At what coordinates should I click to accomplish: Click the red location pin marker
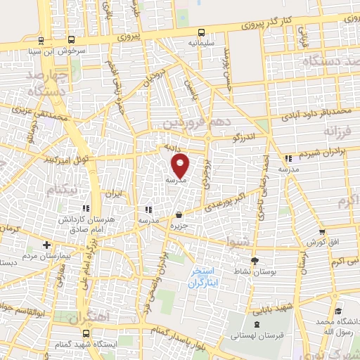point(181,166)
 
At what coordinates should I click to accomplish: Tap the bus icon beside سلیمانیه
point(202,32)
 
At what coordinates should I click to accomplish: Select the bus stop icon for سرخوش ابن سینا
point(42,40)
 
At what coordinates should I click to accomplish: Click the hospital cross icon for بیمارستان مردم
point(46,245)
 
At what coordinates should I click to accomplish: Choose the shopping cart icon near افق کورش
point(322,231)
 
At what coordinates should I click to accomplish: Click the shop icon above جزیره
point(179,214)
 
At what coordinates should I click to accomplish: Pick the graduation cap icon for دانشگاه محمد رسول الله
point(338,310)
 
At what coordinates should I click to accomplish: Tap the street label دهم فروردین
point(191,121)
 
